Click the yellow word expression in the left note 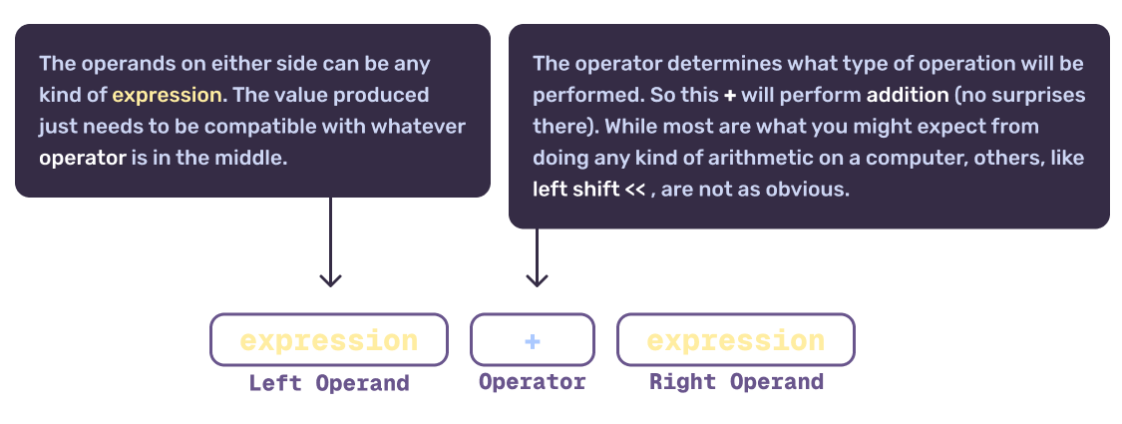tap(167, 95)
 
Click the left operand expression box tap(329, 340)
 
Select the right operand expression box tap(735, 340)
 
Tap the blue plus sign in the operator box tap(533, 341)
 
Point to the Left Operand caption tap(329, 383)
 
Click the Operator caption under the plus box tap(533, 382)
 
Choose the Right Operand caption tap(736, 382)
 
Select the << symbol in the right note tap(635, 190)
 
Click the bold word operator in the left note tap(83, 158)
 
